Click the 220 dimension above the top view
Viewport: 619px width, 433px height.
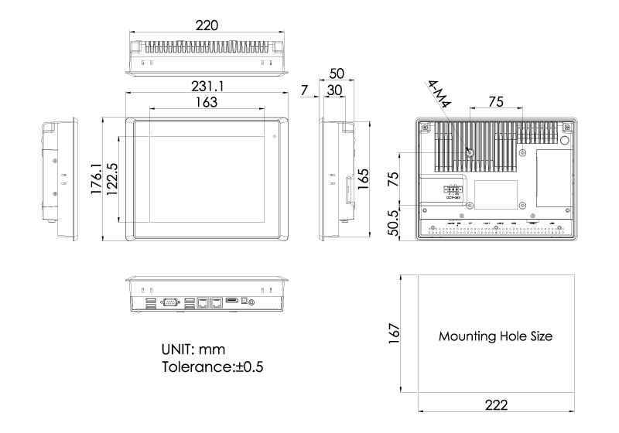[207, 26]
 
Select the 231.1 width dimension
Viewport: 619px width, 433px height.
[207, 86]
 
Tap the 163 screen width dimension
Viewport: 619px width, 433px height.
[206, 101]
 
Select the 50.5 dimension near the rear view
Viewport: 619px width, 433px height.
[393, 221]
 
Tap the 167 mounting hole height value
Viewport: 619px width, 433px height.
[394, 333]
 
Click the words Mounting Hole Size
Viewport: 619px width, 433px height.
[496, 337]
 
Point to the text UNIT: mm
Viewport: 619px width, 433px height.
[193, 349]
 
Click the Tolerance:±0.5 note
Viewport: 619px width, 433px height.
[211, 367]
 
